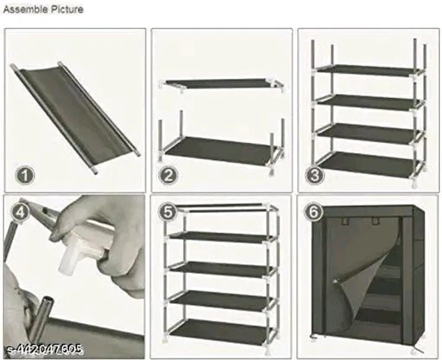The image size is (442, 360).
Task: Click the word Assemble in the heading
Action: coord(25,10)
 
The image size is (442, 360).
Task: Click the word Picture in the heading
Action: coord(67,10)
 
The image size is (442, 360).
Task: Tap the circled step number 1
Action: coord(25,176)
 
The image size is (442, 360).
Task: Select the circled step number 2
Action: coord(168,175)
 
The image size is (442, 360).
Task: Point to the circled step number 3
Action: coord(315,175)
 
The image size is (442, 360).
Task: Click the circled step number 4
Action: coord(20,212)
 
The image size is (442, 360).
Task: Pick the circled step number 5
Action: coord(168,211)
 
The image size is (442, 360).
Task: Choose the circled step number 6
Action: coord(314,212)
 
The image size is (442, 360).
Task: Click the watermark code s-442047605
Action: coord(44,350)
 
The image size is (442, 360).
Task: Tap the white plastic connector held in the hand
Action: coord(80,248)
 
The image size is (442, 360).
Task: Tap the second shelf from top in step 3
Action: coord(368,102)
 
